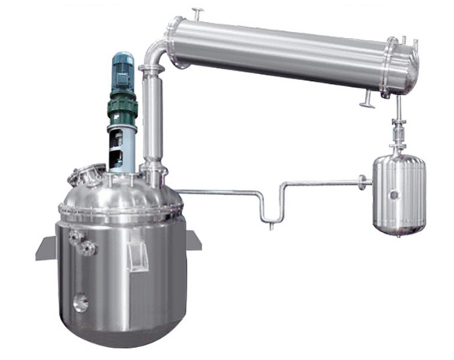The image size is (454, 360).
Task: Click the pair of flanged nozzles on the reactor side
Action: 81,242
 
